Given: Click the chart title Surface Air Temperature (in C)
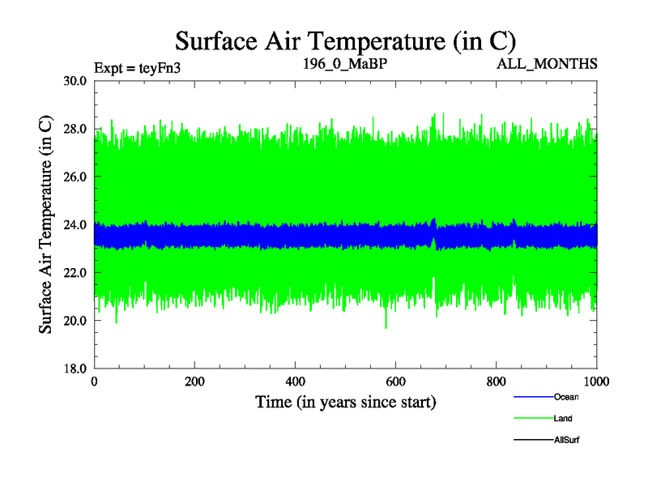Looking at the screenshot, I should click(x=346, y=40).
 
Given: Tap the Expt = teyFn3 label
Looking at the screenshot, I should click(x=137, y=68).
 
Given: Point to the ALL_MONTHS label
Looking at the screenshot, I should click(x=547, y=63).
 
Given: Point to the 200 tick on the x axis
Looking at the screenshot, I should click(x=195, y=382).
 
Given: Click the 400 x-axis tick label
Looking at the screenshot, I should click(x=296, y=382).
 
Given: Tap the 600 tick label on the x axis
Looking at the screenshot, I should click(x=396, y=382).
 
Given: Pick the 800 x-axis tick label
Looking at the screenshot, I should click(x=497, y=382).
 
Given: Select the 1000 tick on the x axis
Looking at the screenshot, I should click(x=596, y=382).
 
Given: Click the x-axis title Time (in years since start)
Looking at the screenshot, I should click(x=346, y=402).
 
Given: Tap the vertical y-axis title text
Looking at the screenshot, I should click(x=46, y=224).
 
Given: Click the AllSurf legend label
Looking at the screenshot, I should click(x=567, y=440).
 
